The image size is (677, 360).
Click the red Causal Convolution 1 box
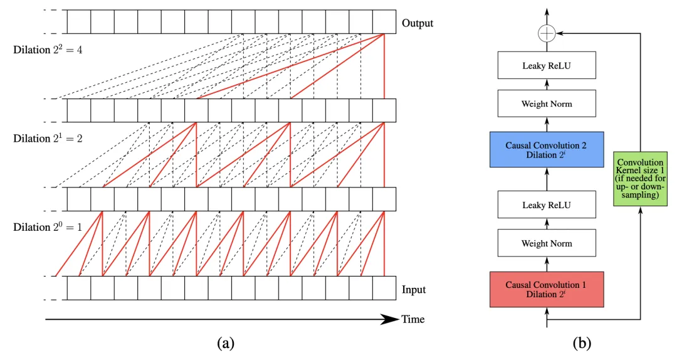coord(547,289)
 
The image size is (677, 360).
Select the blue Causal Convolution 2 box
coord(547,150)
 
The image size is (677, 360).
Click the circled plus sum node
coord(547,34)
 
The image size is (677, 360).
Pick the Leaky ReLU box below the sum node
coord(547,65)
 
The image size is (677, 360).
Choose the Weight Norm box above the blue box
coord(547,103)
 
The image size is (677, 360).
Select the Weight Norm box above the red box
coord(547,243)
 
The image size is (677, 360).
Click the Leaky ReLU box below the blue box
coord(547,205)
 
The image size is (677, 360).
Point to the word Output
coord(417,23)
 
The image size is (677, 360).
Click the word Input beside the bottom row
coord(414,290)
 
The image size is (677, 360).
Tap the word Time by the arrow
coord(412,319)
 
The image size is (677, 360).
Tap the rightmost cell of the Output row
coord(384,21)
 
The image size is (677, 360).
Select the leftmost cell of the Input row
coord(79,288)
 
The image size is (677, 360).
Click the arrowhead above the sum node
coord(547,11)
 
